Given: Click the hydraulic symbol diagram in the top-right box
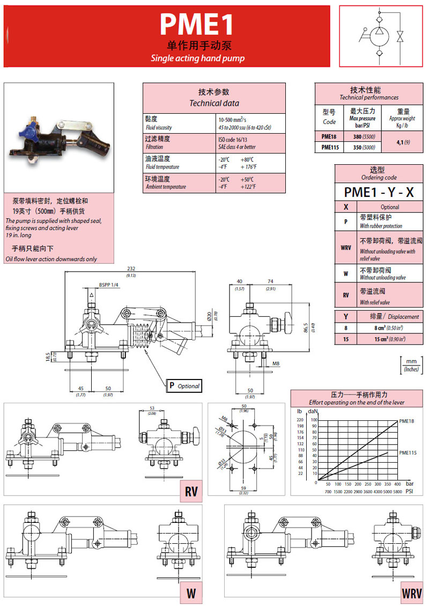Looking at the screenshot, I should (x=382, y=36).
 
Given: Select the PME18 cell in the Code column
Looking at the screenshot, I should (x=329, y=136).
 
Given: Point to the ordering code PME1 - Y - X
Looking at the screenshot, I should (x=379, y=192).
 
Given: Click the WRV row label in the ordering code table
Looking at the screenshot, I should (x=346, y=247).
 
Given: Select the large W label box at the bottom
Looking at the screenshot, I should (x=190, y=594).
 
